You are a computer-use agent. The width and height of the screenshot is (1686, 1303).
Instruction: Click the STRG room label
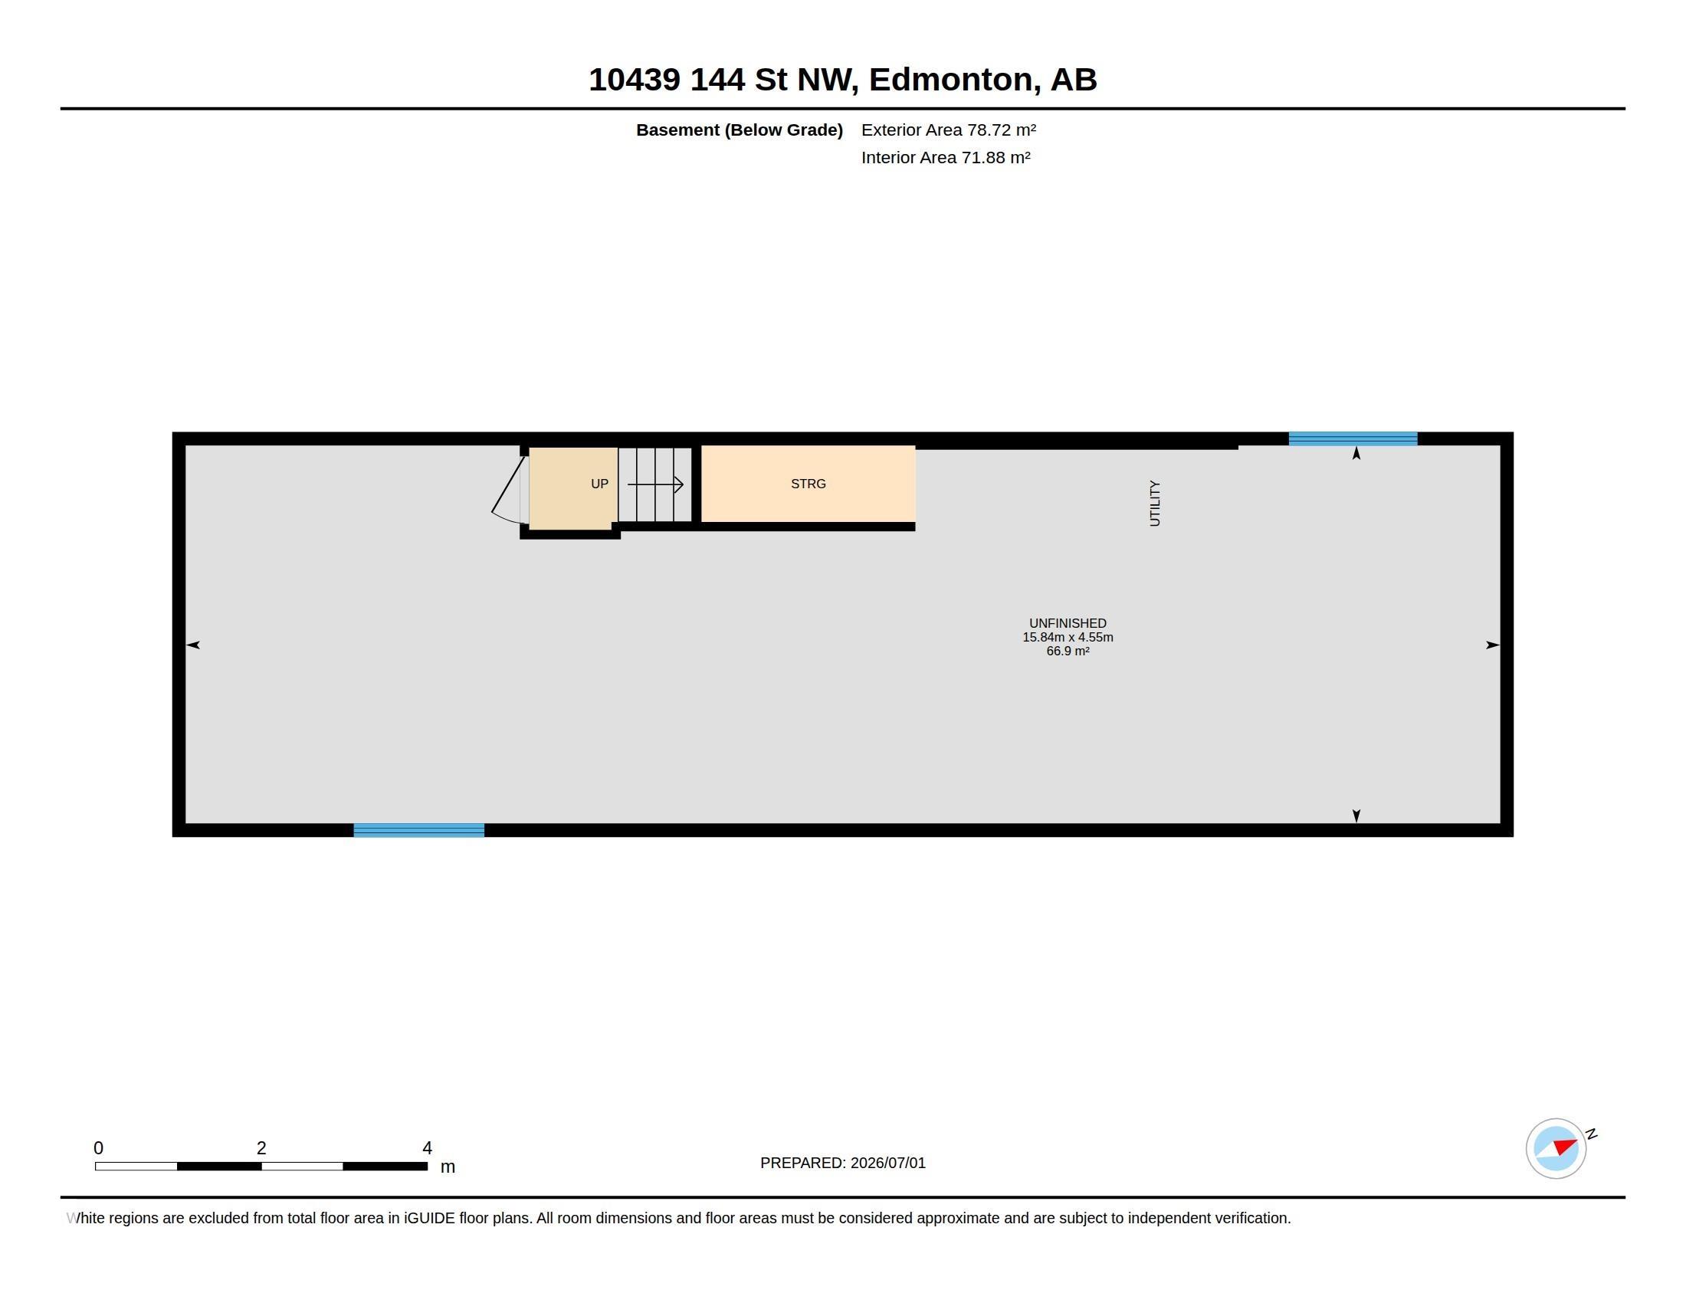tap(809, 484)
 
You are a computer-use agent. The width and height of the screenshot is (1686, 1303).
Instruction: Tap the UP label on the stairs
tap(600, 484)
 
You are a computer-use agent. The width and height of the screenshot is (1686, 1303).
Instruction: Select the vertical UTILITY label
tap(1155, 504)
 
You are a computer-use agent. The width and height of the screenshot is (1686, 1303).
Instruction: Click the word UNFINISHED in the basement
tap(1068, 623)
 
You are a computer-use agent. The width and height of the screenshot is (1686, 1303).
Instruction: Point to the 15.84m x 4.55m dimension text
tap(1068, 637)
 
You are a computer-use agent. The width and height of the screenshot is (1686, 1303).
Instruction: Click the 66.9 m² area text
tap(1068, 651)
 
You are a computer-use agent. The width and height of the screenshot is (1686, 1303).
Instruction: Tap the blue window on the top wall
tap(1353, 438)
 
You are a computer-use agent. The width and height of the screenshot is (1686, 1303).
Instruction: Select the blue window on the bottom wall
tap(419, 830)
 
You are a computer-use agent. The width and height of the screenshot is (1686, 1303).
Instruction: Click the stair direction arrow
tap(655, 484)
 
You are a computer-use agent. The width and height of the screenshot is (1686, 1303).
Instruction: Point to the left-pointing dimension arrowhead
tap(193, 645)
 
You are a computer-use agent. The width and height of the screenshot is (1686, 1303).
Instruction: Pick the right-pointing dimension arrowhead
tap(1493, 645)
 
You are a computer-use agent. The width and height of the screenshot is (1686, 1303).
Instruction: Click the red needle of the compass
tap(1566, 1147)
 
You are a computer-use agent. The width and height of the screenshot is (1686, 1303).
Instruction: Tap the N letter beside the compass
tap(1591, 1134)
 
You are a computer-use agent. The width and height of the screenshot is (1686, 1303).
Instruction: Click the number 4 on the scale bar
tap(427, 1148)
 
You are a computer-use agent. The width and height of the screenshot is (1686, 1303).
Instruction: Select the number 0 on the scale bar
tap(98, 1148)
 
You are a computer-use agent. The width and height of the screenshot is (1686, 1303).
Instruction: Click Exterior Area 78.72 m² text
tap(949, 130)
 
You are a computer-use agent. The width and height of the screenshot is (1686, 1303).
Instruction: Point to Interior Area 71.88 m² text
tap(946, 157)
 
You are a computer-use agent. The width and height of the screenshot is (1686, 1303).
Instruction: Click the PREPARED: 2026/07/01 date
tap(843, 1163)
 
